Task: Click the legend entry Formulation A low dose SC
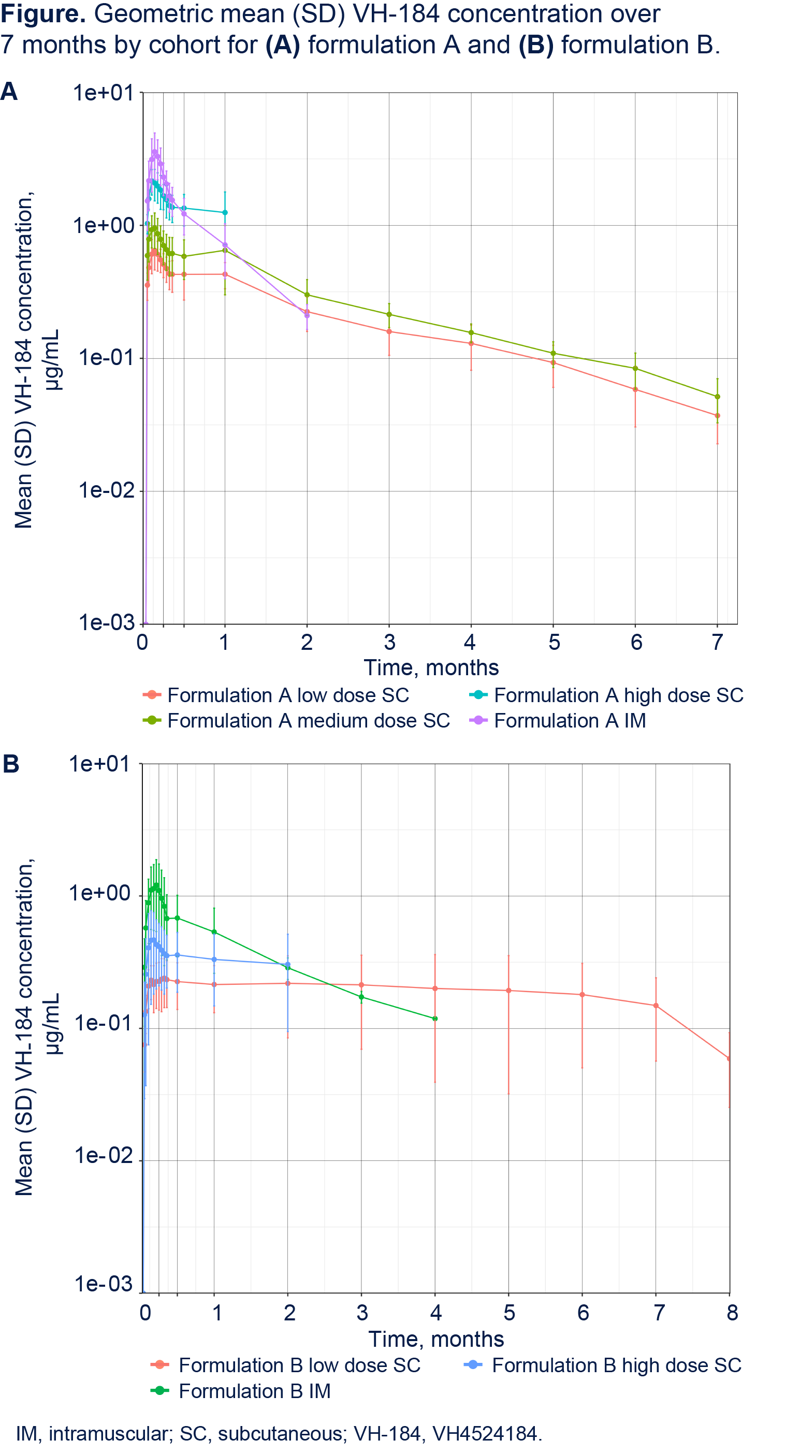coord(276,695)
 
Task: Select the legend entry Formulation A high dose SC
coord(606,695)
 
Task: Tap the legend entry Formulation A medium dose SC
coord(296,720)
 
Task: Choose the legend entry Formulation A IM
coord(558,720)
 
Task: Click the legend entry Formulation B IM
coord(241,1391)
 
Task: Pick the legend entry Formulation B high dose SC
coord(602,1365)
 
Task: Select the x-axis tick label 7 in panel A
coord(717,642)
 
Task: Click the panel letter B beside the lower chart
coord(11,764)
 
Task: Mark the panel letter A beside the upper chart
coord(9,92)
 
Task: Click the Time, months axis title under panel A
coord(431,668)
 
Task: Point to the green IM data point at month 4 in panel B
coord(435,1018)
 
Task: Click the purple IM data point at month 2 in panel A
coord(307,315)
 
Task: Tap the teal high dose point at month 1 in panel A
coord(225,213)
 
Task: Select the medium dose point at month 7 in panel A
coord(718,397)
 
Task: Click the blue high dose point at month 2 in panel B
coord(288,965)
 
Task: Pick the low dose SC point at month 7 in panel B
coord(656,1005)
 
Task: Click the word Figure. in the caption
coord(43,13)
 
